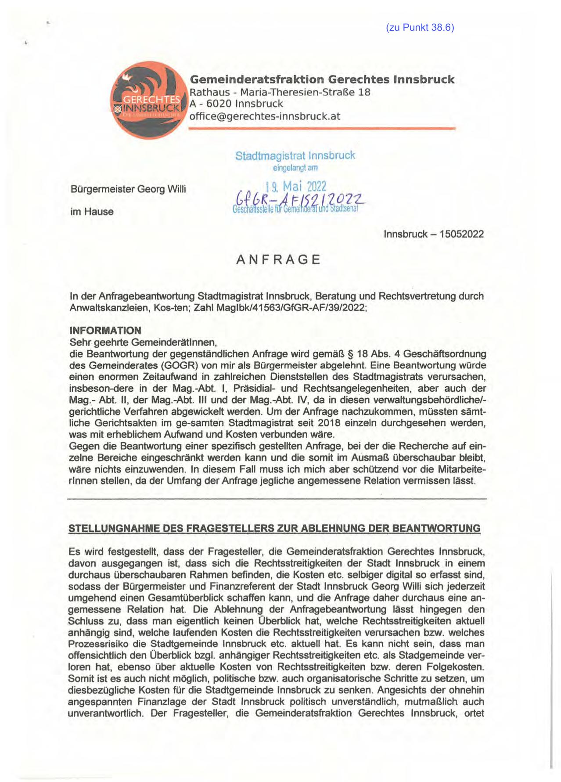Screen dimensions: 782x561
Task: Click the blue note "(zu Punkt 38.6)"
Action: tap(420, 28)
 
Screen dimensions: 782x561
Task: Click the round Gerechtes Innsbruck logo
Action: tap(147, 100)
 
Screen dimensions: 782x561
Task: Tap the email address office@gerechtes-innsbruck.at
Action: tap(264, 116)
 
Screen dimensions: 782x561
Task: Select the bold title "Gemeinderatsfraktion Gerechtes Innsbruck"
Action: tap(322, 79)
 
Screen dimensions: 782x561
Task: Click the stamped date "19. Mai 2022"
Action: tap(296, 186)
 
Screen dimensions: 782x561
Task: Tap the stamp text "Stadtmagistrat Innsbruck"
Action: tap(295, 155)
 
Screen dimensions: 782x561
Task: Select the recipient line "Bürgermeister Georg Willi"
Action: tap(128, 189)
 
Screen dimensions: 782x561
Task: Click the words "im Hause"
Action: tap(92, 212)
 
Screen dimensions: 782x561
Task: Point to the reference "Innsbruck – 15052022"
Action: tap(434, 234)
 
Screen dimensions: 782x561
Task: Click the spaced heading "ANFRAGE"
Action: tap(278, 260)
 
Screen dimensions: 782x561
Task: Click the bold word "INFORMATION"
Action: tap(105, 331)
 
